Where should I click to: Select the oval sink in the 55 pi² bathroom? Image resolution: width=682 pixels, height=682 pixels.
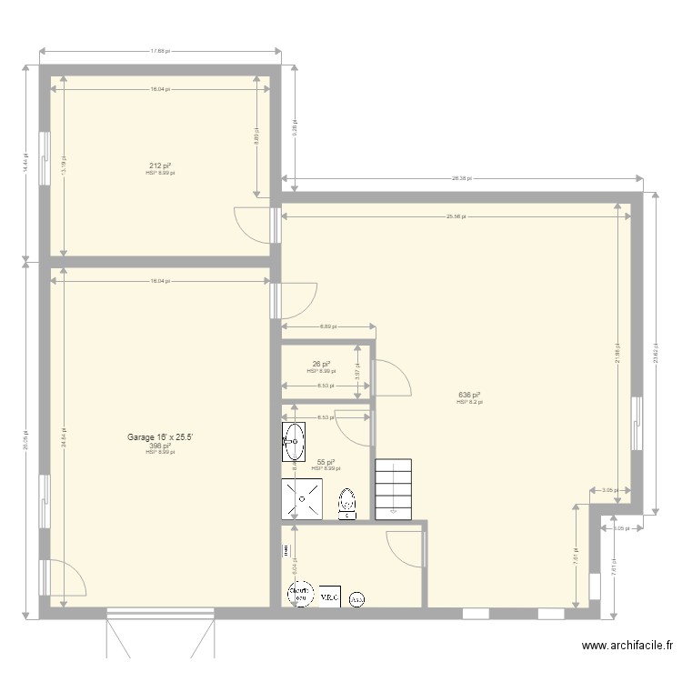293,442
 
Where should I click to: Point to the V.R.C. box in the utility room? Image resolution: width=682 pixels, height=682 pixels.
328,597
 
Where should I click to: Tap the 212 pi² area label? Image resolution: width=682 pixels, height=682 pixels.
160,166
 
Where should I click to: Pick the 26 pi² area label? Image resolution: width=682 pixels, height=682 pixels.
321,364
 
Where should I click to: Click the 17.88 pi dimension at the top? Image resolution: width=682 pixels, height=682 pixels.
159,51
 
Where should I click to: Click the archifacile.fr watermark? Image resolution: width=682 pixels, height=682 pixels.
627,647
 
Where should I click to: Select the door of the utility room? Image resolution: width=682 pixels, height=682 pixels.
404,548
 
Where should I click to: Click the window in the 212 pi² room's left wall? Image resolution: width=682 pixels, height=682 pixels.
43,158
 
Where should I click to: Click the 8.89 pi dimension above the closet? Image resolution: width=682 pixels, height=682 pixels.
327,326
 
